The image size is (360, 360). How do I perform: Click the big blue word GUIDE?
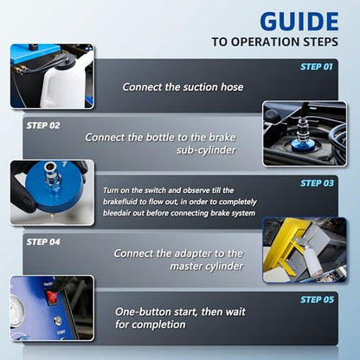coord(299,22)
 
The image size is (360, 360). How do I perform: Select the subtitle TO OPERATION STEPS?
coord(275,42)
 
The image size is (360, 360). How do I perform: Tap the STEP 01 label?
coord(317,67)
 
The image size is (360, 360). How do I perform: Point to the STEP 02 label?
coord(43,125)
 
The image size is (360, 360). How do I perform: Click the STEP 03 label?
coord(317,183)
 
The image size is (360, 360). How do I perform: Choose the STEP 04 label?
coord(43,241)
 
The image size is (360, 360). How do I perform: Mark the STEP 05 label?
coord(317,299)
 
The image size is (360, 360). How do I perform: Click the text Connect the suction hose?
coord(183,87)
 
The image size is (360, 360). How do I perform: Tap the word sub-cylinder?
coord(206,151)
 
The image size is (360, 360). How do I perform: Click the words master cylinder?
coord(207,266)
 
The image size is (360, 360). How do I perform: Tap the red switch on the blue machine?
coord(53,298)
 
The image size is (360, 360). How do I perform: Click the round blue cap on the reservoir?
coord(301,145)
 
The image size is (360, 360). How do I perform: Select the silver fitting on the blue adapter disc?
coord(52,176)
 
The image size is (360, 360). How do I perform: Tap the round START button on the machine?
coord(58,320)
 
